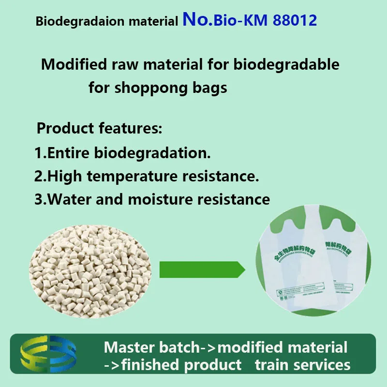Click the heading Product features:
point(100,129)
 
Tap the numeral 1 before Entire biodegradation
point(38,154)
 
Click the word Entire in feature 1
point(68,154)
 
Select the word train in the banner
point(274,364)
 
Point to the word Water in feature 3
point(68,199)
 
